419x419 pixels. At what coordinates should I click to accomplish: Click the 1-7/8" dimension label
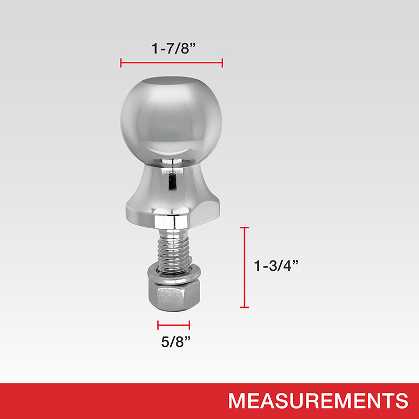[x=174, y=49]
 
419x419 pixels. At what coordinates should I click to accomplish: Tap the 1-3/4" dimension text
[x=276, y=266]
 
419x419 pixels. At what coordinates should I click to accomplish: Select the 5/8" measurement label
[x=176, y=341]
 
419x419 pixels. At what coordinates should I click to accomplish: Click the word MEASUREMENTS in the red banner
[x=318, y=401]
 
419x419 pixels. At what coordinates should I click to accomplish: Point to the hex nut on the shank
[x=174, y=296]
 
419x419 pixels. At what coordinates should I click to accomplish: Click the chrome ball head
[x=171, y=120]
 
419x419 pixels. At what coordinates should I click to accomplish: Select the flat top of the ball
[x=171, y=81]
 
